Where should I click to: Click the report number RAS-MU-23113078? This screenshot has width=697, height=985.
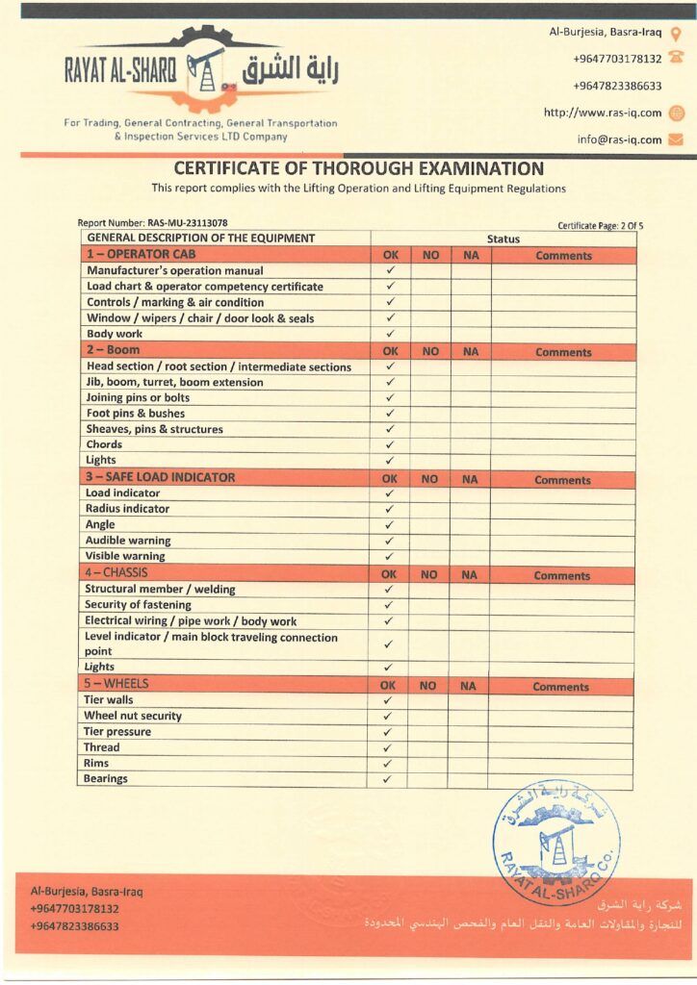tap(188, 223)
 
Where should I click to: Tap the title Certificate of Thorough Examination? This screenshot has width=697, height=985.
tap(358, 168)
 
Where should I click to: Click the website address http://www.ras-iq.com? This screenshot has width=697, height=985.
tap(603, 113)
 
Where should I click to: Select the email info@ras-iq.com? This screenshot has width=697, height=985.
tap(620, 139)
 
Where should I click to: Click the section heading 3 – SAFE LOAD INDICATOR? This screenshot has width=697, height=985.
tap(160, 477)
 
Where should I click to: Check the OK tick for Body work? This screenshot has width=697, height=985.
tap(391, 334)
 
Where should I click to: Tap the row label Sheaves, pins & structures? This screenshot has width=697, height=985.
tap(154, 429)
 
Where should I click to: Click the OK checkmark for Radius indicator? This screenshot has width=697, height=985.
tap(390, 509)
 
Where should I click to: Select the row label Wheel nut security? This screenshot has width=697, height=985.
tap(133, 716)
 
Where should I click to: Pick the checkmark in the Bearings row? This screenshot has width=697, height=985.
tap(387, 779)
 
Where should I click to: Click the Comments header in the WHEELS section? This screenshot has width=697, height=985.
tap(560, 687)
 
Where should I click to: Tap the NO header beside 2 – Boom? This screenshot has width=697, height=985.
tap(430, 352)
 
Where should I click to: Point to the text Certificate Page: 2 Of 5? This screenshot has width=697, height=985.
tap(600, 226)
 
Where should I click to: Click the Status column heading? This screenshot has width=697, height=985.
tap(503, 240)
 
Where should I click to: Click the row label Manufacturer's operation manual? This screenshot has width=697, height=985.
tap(174, 271)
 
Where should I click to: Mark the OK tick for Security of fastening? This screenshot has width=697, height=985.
tap(389, 605)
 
